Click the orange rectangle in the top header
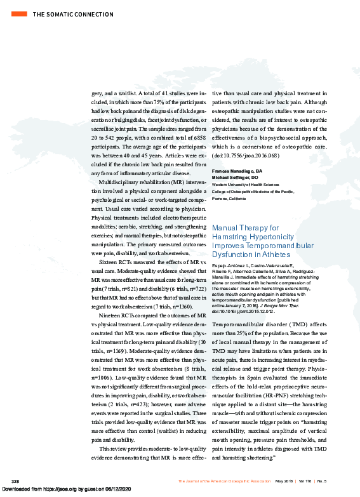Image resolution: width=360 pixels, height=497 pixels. [20, 13]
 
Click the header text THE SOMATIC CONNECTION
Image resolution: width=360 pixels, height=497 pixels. [64, 13]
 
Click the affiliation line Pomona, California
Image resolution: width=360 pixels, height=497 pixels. [229, 198]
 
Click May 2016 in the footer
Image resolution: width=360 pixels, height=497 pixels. [283, 480]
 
